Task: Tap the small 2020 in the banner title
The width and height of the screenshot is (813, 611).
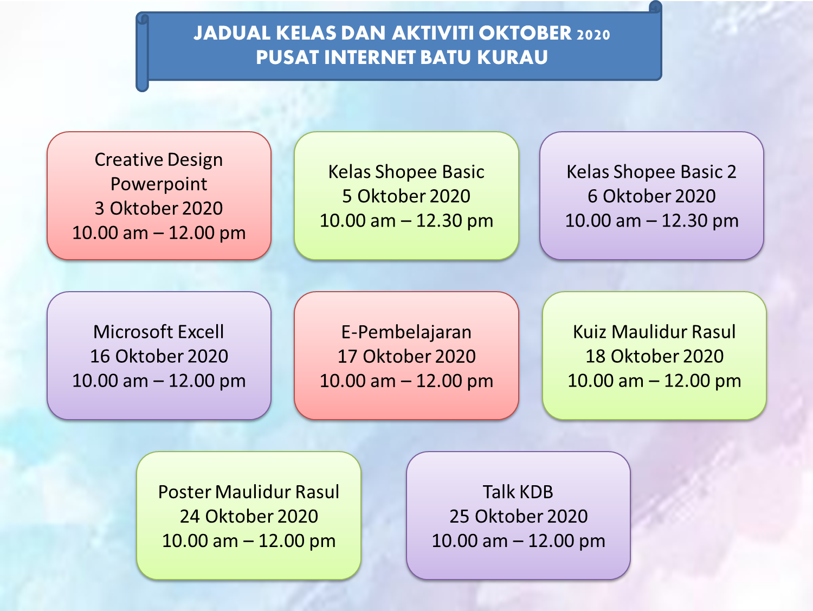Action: coord(593,35)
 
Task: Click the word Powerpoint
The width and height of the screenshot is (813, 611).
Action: coord(159,184)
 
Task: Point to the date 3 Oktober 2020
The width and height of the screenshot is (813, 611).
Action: coord(159,208)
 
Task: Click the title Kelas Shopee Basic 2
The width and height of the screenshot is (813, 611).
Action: coord(651,172)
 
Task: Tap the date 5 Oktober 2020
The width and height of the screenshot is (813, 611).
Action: coord(406,196)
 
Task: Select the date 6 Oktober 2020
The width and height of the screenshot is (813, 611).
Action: coord(651,196)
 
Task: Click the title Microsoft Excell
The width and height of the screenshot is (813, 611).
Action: coord(159,332)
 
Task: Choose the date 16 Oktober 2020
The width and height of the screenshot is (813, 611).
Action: coord(159,356)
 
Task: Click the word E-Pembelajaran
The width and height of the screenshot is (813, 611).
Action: coord(406,332)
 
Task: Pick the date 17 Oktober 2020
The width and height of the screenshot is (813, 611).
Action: coord(406,356)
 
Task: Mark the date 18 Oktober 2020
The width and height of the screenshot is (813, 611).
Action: coord(655,356)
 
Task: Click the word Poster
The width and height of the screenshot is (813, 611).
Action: coord(184,492)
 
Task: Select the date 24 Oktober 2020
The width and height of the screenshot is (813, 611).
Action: coord(249,516)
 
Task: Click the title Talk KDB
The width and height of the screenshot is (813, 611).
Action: coord(518,492)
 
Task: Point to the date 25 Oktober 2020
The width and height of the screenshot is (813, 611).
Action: coord(519,516)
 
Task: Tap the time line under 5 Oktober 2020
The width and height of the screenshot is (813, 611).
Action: coord(406,221)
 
